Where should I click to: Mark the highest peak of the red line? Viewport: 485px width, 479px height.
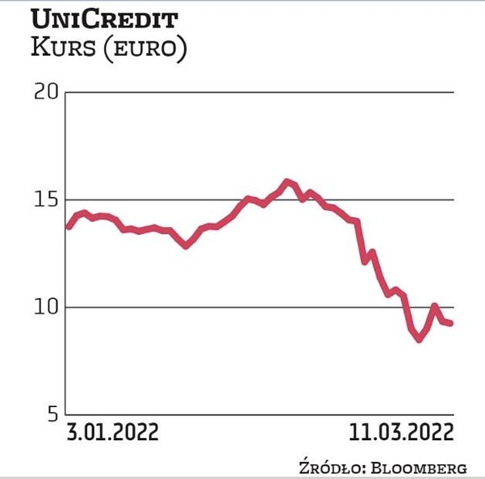pos(287,182)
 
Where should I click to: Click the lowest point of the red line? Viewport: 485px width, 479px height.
pos(419,339)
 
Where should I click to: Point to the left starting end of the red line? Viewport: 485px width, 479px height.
pos(68,227)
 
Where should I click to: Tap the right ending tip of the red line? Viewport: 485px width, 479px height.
pos(450,323)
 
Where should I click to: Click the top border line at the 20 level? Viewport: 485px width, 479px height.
pos(258,92)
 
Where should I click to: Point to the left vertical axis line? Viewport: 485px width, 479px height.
pos(65,258)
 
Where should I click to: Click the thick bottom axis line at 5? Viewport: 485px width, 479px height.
pos(258,415)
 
